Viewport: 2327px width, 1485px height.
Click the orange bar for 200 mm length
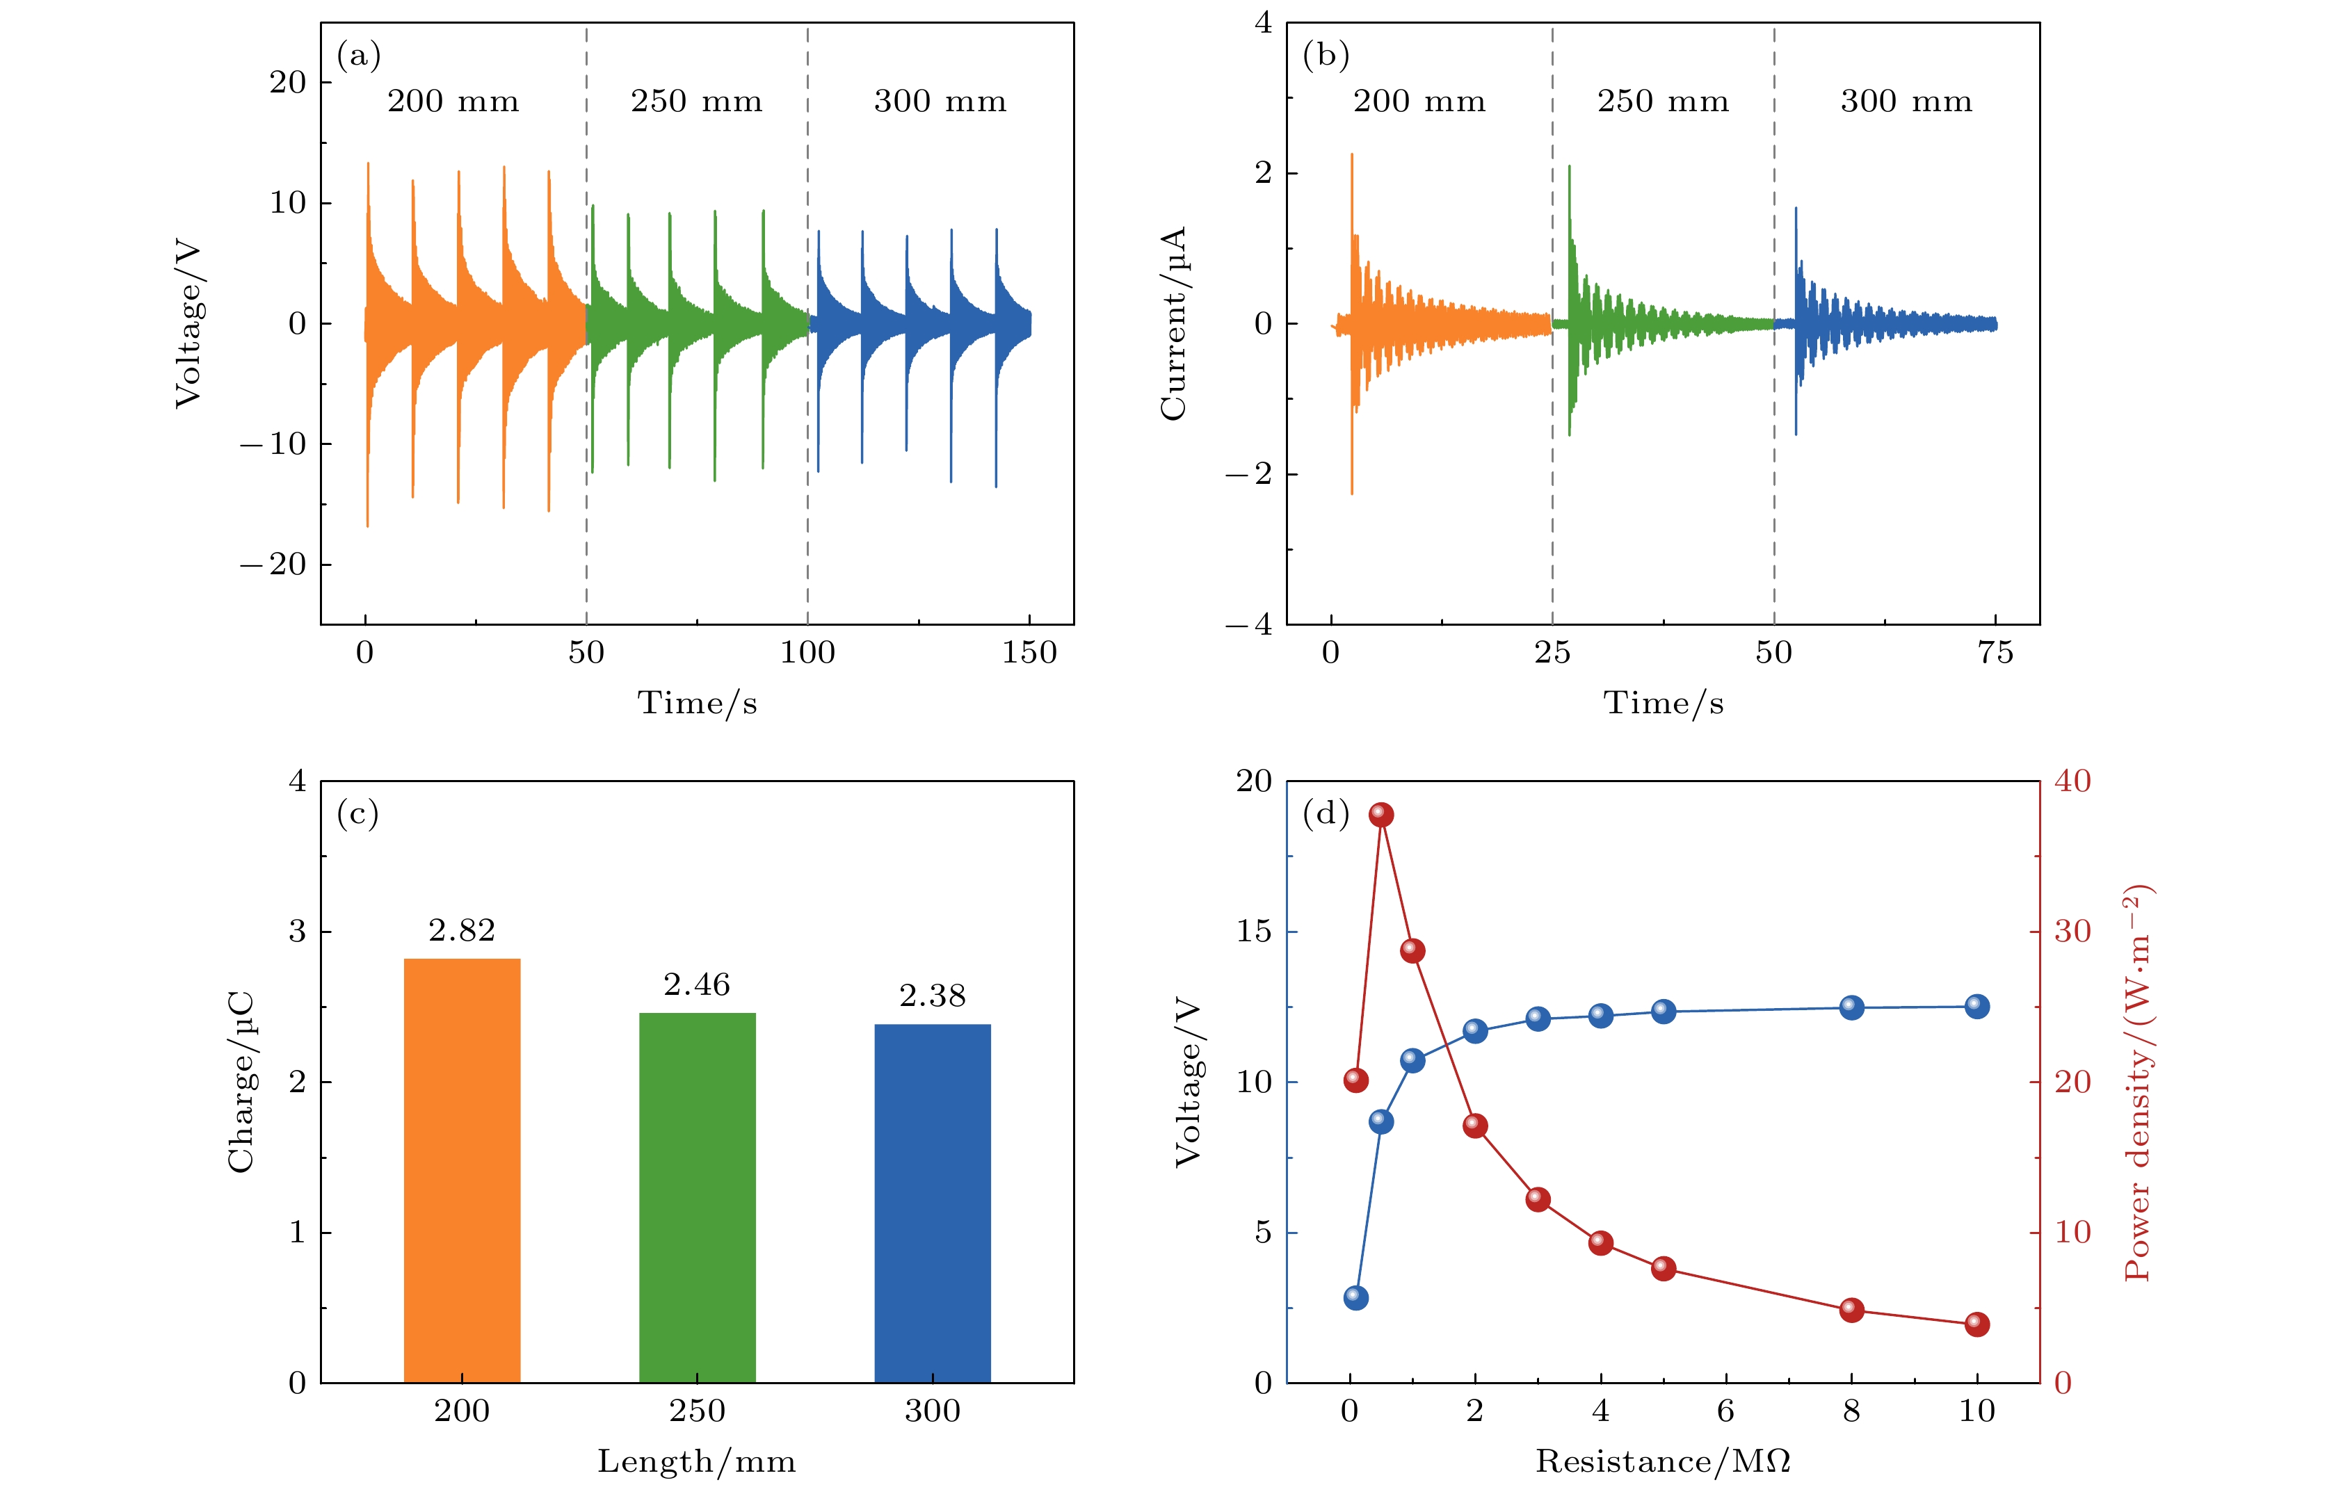pyautogui.click(x=462, y=1169)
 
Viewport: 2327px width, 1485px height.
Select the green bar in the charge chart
pyautogui.click(x=697, y=1197)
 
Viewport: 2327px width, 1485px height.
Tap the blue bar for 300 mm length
pyautogui.click(x=933, y=1203)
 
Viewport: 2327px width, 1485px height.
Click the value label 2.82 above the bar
pyautogui.click(x=462, y=930)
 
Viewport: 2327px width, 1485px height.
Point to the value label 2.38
pyautogui.click(x=933, y=996)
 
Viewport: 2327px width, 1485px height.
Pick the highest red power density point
pyautogui.click(x=1381, y=815)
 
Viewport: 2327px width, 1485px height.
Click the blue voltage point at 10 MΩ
pyautogui.click(x=1977, y=1006)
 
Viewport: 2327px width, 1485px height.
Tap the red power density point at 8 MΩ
pyautogui.click(x=1851, y=1310)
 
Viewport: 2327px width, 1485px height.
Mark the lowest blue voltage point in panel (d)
pyautogui.click(x=1356, y=1297)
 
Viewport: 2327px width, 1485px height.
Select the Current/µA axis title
pyautogui.click(x=1173, y=324)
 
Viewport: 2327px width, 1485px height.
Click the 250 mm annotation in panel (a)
pyautogui.click(x=697, y=102)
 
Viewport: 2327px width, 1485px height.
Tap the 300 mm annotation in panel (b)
pyautogui.click(x=1906, y=102)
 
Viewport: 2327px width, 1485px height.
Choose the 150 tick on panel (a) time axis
pyautogui.click(x=1029, y=653)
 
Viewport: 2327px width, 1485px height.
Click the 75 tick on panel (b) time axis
pyautogui.click(x=1995, y=653)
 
